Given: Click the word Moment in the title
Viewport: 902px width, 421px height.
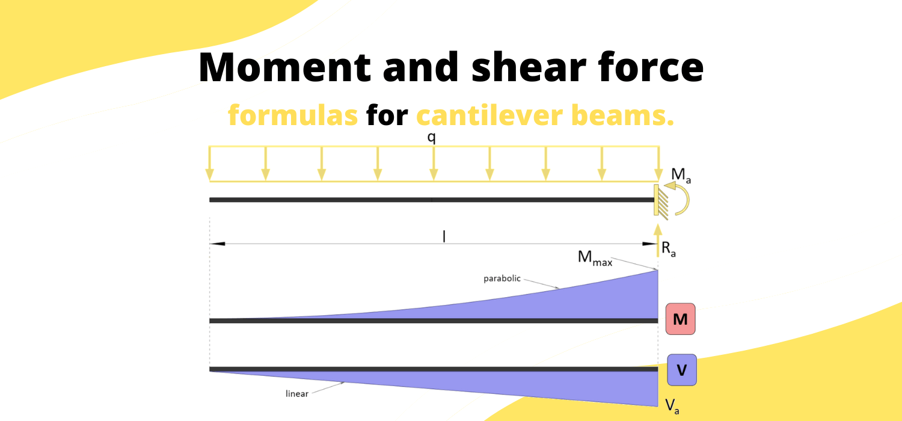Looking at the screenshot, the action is point(284,67).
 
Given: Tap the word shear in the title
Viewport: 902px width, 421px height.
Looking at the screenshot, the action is point(529,67).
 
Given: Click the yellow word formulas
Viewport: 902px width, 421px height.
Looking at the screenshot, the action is point(293,115).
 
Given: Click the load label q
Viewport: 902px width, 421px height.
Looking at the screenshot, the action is point(431,138).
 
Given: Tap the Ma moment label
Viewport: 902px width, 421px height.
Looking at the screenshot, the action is point(681,175).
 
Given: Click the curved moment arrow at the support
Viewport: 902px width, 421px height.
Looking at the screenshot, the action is point(687,199).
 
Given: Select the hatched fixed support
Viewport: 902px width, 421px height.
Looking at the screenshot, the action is point(660,201).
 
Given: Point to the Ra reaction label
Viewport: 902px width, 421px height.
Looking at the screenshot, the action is point(669,249).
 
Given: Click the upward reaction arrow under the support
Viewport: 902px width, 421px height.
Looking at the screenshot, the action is point(658,241).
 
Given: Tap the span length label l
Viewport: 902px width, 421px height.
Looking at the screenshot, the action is point(444,236).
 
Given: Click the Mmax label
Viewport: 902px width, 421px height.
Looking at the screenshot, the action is point(595,258).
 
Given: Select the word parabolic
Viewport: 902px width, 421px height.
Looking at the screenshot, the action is point(502,278).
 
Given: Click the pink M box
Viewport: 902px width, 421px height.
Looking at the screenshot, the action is point(680,319).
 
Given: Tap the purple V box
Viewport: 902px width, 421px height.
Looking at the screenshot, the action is point(682,370).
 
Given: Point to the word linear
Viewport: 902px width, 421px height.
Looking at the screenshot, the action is point(297,393).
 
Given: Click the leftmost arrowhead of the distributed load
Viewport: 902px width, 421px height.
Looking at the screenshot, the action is point(209,174).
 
